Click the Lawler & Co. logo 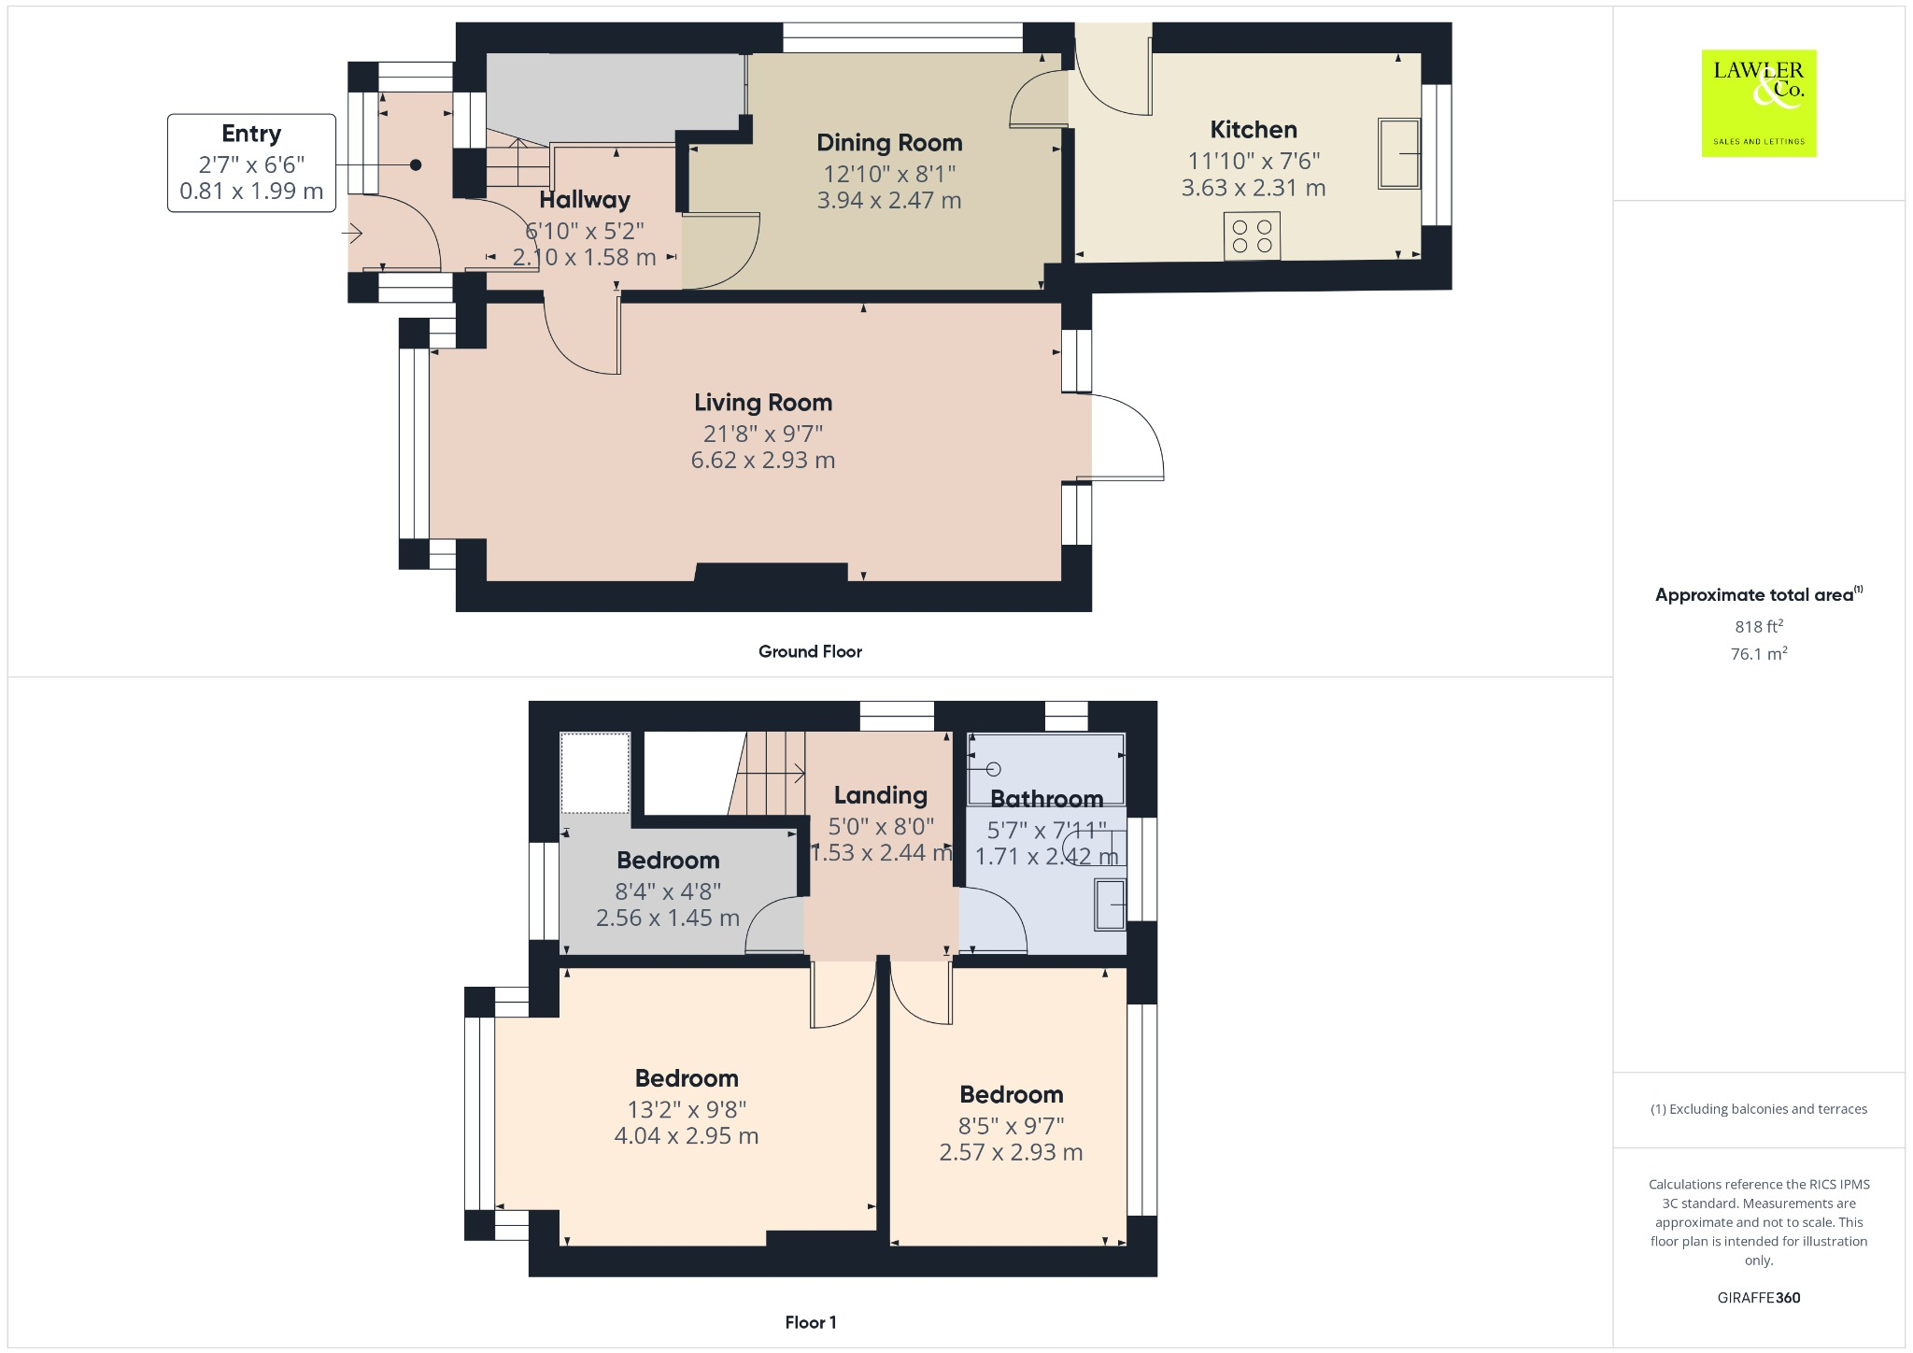[x=1758, y=103]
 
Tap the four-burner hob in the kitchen [x=1252, y=235]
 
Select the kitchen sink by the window [x=1398, y=153]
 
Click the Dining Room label [x=889, y=143]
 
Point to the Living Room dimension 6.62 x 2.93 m [x=762, y=460]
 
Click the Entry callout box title [x=251, y=134]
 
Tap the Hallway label [x=585, y=200]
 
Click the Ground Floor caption [x=810, y=651]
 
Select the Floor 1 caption [x=810, y=1322]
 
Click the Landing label [x=880, y=795]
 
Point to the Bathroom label [x=1046, y=799]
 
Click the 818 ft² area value [x=1758, y=627]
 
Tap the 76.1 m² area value [x=1758, y=653]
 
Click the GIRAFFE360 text [x=1758, y=1297]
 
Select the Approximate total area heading [x=1754, y=595]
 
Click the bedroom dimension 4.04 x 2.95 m [x=686, y=1136]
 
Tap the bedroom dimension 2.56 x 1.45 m [x=667, y=918]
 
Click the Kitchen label [x=1253, y=130]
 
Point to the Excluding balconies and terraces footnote [x=1758, y=1109]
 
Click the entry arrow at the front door [x=352, y=233]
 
